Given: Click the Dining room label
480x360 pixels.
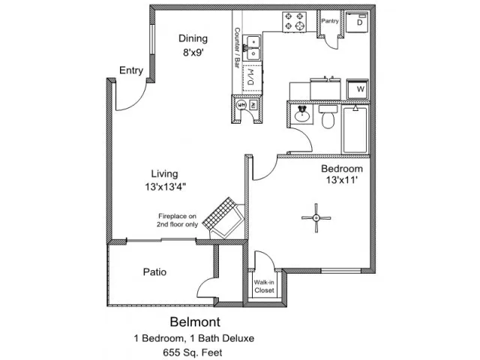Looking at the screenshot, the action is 193,38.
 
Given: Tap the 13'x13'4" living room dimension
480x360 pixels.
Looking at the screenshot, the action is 165,187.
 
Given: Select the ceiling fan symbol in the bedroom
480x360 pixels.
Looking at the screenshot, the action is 316,218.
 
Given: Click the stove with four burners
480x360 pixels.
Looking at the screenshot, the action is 294,22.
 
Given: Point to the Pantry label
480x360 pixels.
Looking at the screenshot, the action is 330,21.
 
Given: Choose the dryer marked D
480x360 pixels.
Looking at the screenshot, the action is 357,22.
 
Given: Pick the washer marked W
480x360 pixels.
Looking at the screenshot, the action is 358,89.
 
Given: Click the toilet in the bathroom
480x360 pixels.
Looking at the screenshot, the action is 328,117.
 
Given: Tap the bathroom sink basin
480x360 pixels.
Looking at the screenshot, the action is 302,115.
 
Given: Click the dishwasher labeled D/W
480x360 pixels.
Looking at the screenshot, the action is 253,78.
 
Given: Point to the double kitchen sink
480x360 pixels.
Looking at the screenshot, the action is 253,48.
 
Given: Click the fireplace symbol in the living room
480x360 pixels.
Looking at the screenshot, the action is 223,218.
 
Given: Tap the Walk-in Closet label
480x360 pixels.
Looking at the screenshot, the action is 264,286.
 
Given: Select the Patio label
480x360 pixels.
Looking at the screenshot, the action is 154,271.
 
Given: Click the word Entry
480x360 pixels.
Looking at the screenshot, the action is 131,70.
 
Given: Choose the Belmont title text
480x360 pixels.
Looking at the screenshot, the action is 195,322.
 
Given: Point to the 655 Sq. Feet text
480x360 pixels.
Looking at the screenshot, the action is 193,352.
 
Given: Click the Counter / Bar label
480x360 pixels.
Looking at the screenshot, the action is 237,48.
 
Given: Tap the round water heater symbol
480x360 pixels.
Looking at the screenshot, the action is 241,105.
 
